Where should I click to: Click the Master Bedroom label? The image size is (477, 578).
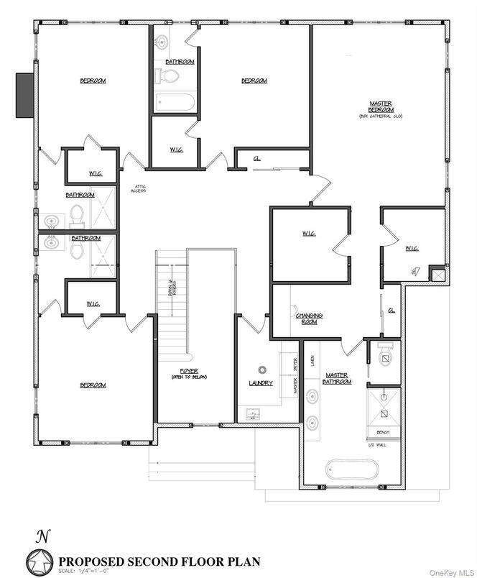(x=380, y=107)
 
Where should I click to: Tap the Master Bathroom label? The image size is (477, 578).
(x=337, y=378)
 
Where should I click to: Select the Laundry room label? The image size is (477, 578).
(x=261, y=383)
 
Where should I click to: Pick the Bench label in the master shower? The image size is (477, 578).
(x=383, y=433)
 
